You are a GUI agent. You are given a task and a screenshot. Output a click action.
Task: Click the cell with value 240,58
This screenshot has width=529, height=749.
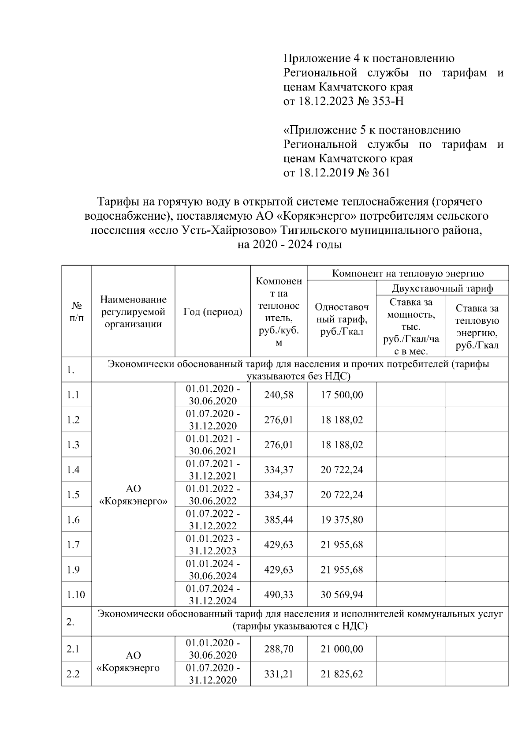coord(279,394)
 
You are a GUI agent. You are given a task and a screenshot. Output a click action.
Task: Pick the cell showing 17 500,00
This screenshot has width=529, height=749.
coord(342,394)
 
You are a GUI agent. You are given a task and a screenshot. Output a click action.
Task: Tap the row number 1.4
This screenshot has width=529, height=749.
coord(73,469)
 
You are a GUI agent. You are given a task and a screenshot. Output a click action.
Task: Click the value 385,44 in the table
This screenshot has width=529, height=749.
coord(279,520)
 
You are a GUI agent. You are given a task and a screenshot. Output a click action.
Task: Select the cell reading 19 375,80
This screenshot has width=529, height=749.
coord(342,520)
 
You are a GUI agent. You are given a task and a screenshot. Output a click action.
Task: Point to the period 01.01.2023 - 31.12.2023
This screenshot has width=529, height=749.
coord(212,545)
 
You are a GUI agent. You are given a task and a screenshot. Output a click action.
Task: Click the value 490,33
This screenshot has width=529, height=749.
coord(279,595)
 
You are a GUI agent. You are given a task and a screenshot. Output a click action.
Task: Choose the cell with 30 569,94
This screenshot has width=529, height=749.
coord(342,595)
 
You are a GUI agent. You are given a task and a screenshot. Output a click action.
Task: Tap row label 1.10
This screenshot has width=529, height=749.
coord(75,595)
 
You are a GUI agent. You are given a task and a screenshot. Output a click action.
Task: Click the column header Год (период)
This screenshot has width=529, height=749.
coord(212,312)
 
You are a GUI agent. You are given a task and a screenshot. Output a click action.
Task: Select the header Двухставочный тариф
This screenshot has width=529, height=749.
coord(442,288)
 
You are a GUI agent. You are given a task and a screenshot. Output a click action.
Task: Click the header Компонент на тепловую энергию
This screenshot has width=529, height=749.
coord(408,273)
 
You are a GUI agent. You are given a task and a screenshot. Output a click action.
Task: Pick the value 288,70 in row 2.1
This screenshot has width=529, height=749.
coord(279,649)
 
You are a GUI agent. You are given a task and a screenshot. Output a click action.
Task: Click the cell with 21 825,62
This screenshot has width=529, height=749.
coord(342,674)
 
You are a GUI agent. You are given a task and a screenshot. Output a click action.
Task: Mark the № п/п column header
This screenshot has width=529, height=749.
coord(76,311)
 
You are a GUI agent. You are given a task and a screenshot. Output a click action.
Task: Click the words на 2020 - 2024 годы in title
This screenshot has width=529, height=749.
coord(289,244)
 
